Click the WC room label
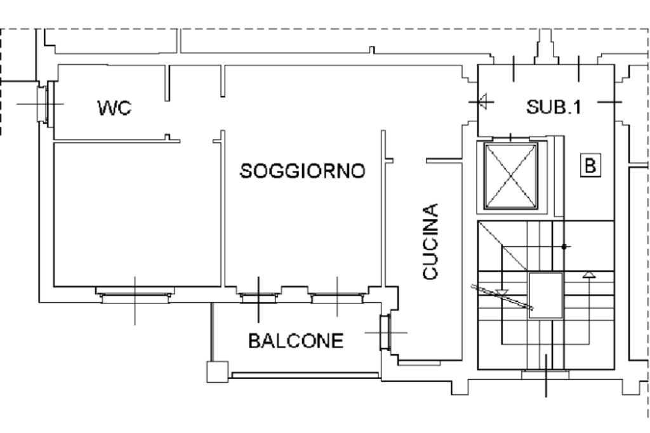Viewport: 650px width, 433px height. tap(115, 108)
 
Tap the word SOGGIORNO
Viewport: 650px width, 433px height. tap(303, 171)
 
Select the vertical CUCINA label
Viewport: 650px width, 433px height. tap(430, 241)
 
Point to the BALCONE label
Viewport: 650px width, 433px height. tap(296, 341)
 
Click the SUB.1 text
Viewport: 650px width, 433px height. tap(554, 107)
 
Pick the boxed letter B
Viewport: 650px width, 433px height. tap(590, 166)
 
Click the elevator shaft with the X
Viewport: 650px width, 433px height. tap(511, 176)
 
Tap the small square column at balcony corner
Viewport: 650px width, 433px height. tap(217, 371)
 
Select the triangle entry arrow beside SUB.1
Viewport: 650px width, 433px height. tap(483, 101)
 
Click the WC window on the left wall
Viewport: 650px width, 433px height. tap(43, 103)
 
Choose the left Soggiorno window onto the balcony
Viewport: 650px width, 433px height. tap(258, 295)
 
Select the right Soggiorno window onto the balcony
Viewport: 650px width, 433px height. tap(337, 295)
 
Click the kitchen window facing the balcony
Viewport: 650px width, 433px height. tap(385, 331)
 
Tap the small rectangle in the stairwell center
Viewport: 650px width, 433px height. tap(545, 295)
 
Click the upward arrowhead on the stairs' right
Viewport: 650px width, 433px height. tap(589, 274)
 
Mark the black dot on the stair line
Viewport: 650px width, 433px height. tap(564, 246)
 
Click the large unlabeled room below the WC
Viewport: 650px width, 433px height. tap(136, 213)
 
